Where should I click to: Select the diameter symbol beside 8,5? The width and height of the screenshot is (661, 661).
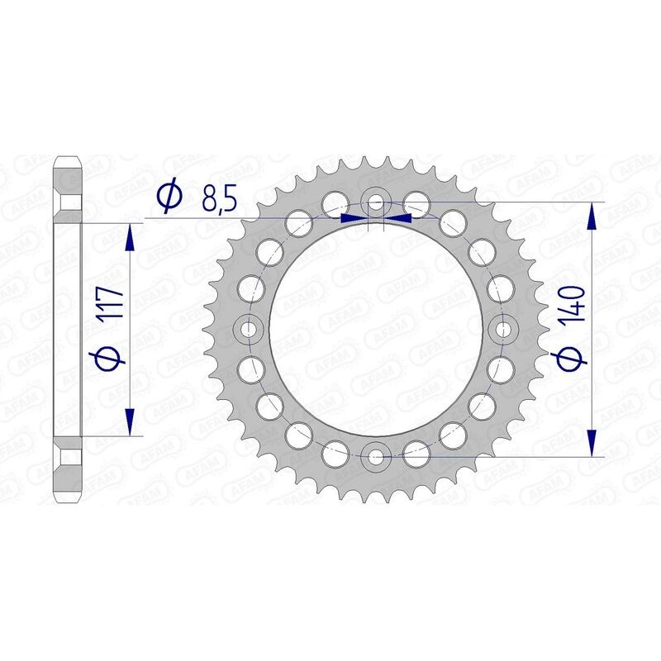click(168, 197)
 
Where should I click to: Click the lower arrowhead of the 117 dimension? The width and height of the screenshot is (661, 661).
click(130, 421)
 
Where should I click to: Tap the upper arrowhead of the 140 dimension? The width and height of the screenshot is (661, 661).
click(592, 216)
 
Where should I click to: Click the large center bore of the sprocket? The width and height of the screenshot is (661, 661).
click(376, 328)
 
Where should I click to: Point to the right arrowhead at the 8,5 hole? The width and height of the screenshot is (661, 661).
click(400, 218)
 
